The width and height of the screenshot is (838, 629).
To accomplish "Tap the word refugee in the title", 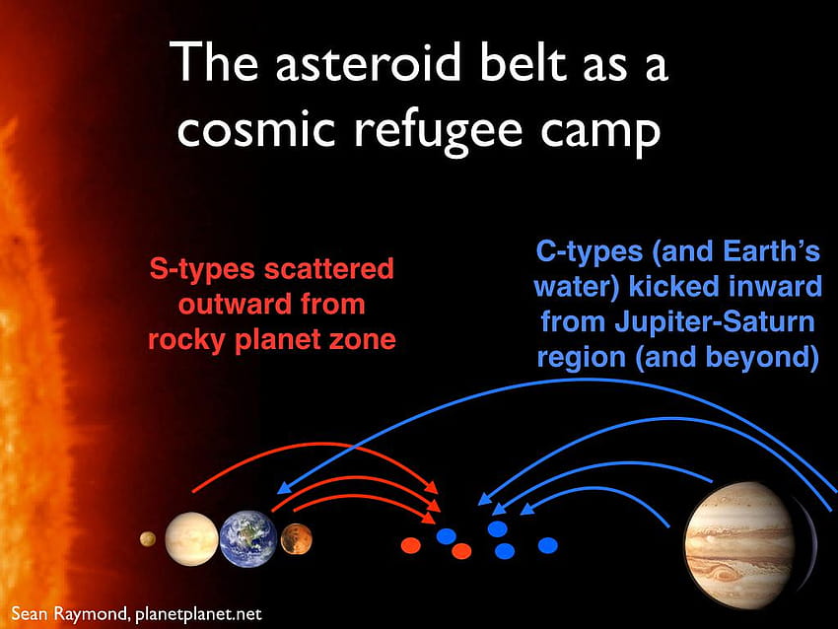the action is (438, 131).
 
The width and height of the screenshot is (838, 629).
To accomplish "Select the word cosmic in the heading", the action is (256, 130).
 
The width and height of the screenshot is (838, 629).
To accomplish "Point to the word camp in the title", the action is (600, 134).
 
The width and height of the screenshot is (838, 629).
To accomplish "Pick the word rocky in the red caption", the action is (186, 340).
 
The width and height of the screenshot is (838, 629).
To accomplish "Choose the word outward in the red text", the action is (236, 304).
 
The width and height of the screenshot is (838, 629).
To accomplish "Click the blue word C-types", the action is (589, 251).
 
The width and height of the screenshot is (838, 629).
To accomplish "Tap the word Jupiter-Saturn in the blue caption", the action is (715, 321).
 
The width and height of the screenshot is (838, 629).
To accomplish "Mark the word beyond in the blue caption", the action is (758, 357).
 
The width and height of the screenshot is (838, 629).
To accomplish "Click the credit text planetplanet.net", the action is (198, 614).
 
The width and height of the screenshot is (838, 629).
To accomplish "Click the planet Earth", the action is (248, 538).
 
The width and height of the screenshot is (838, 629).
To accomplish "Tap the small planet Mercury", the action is (148, 539).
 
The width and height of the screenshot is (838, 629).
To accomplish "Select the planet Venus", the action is (191, 538).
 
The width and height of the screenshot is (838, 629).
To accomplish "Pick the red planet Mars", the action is (296, 539).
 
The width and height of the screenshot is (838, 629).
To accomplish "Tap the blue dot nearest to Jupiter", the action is (548, 545).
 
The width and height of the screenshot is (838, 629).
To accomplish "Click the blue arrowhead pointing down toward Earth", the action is (284, 487).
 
